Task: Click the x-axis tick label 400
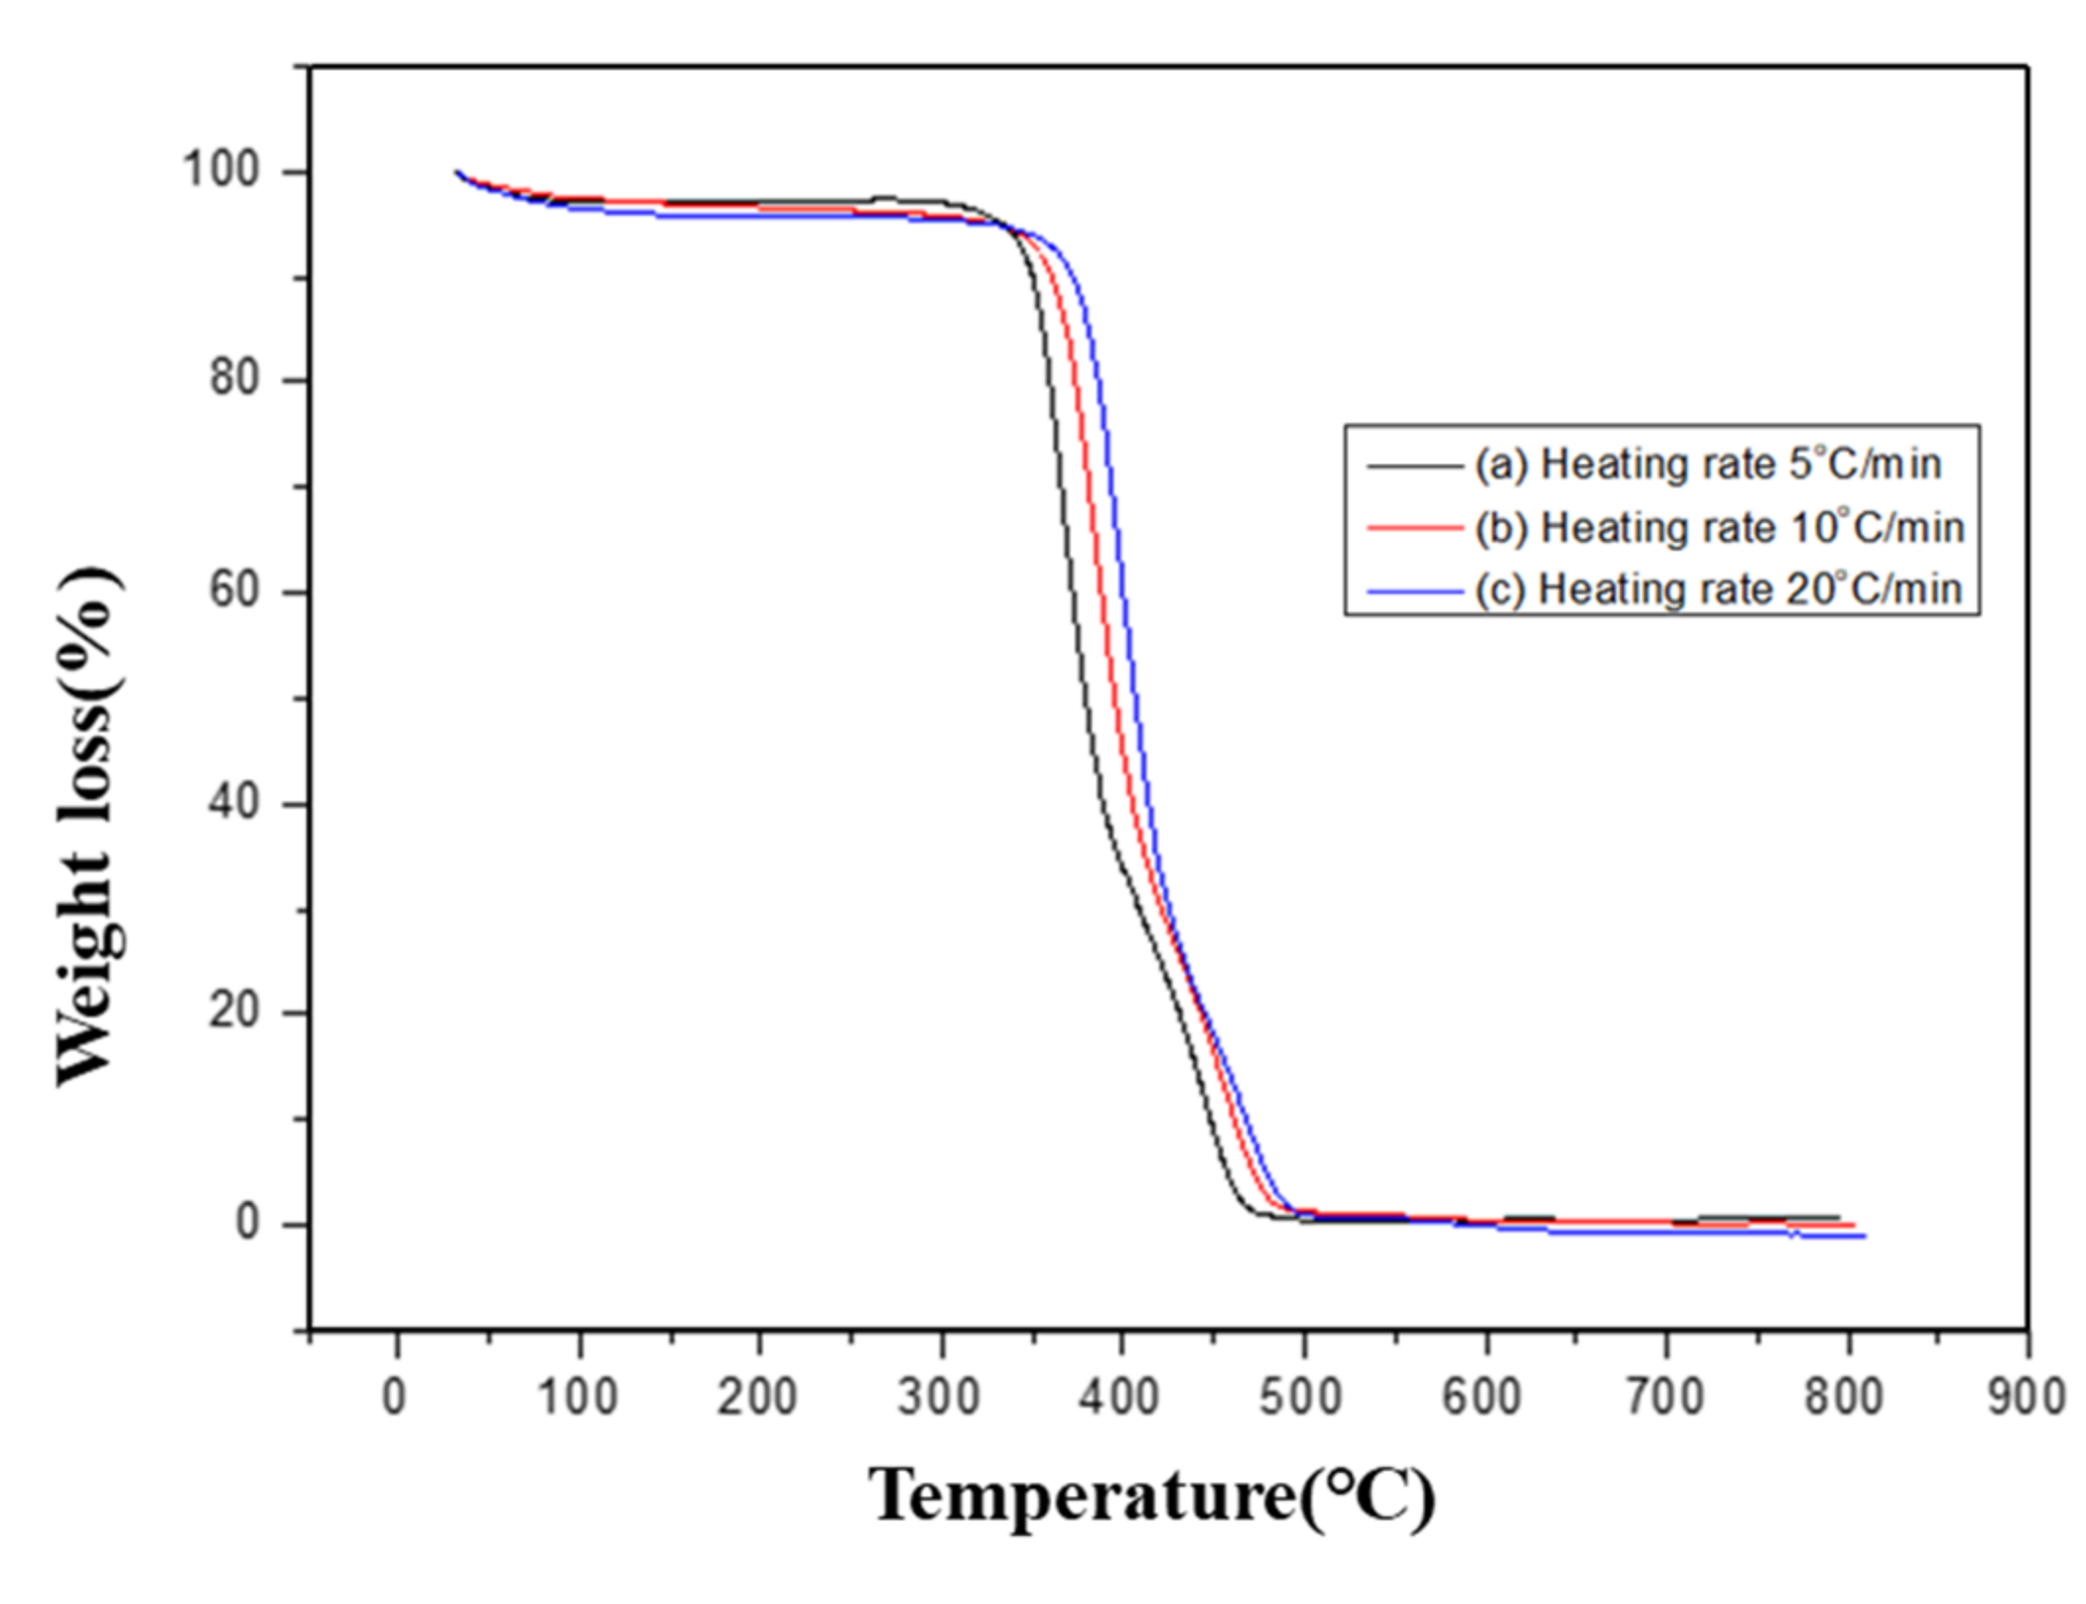point(1119,1397)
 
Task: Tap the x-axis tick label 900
point(2026,1397)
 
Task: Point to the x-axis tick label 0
point(394,1397)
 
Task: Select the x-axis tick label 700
point(1663,1397)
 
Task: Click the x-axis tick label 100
point(577,1397)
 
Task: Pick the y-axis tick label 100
point(221,169)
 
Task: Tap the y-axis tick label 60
point(233,591)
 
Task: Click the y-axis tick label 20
point(233,1012)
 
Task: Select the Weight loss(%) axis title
point(91,826)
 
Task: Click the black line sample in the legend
point(1414,465)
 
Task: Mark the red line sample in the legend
point(1414,529)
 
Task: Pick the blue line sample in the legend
point(1414,591)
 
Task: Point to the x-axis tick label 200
point(756,1397)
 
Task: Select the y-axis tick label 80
point(233,378)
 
